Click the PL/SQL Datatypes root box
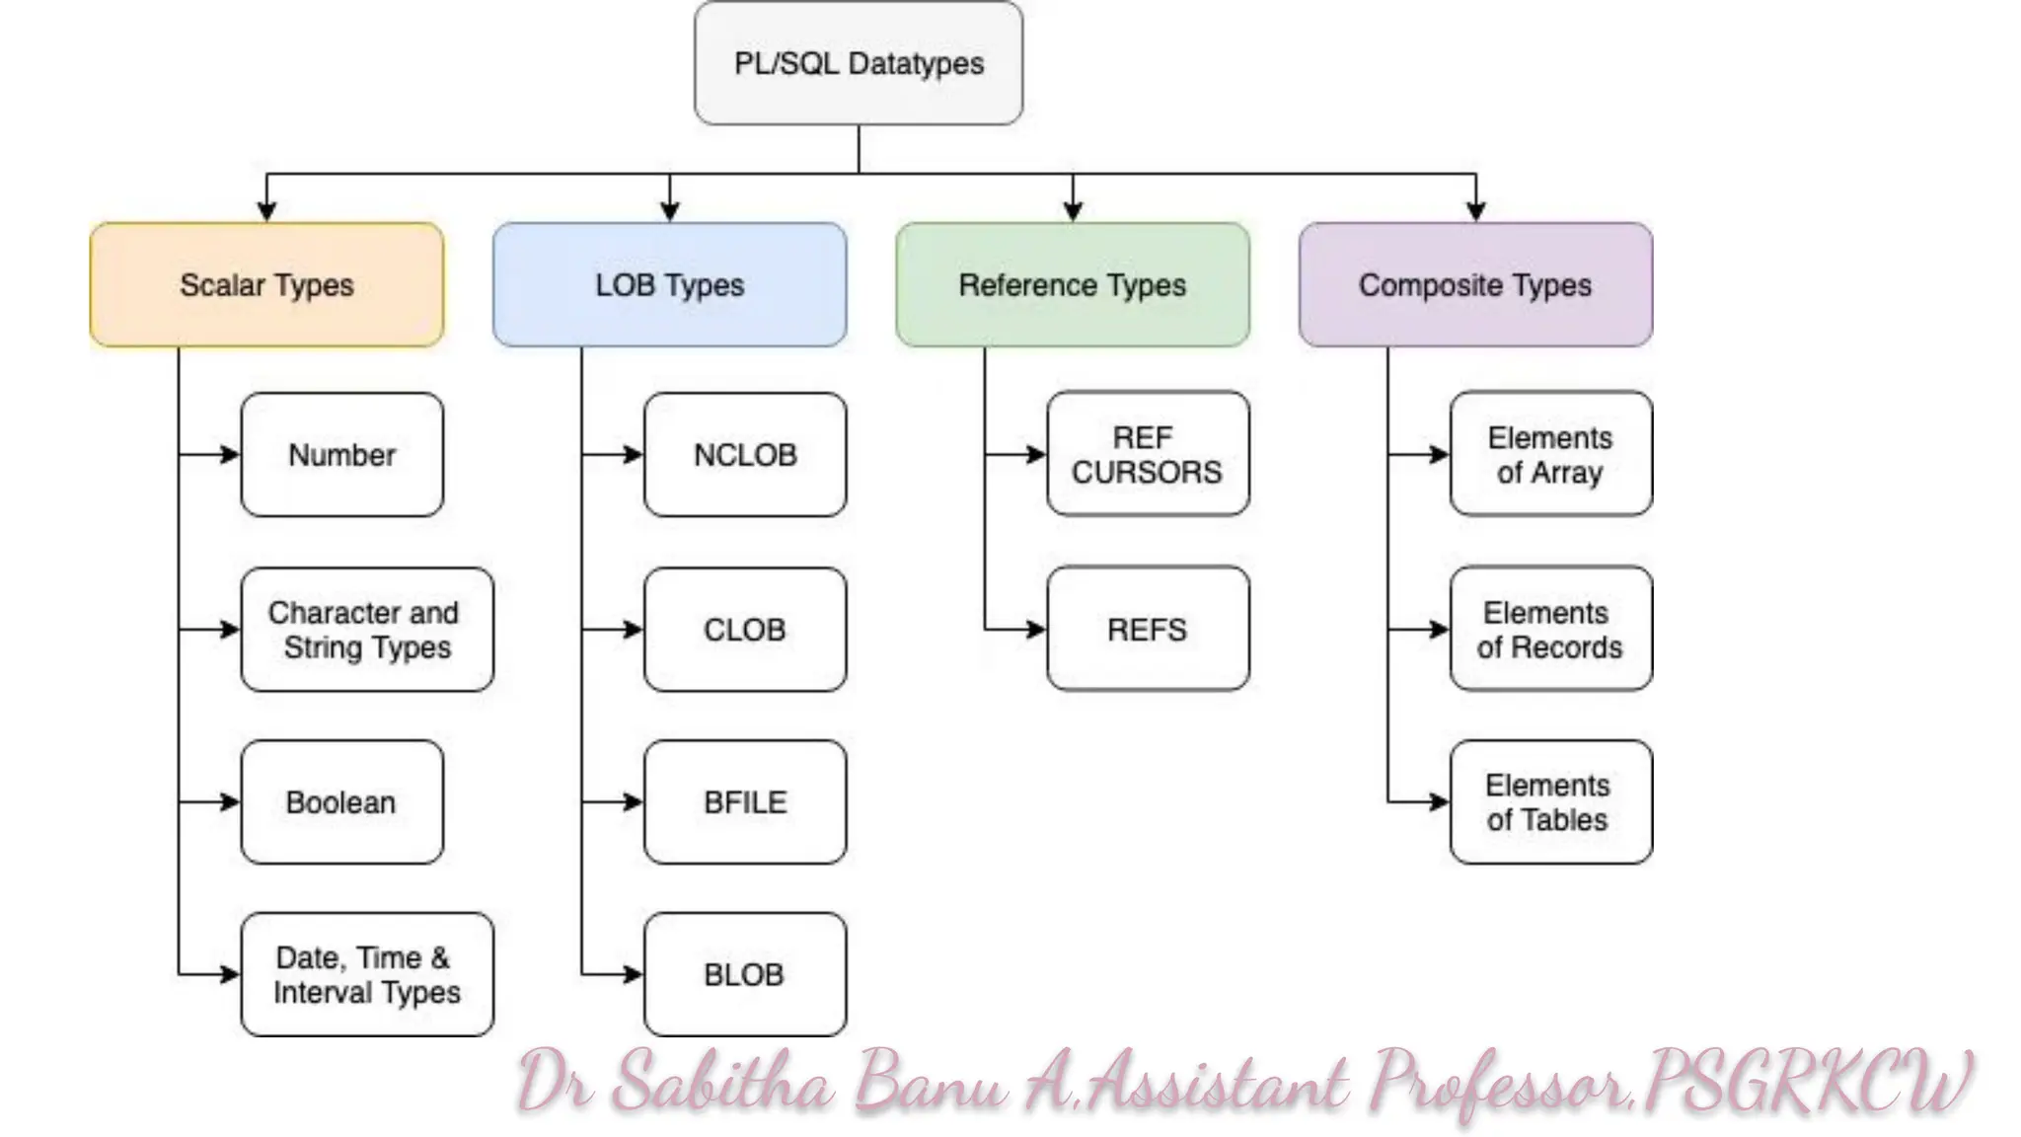pos(858,63)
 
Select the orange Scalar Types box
pos(266,284)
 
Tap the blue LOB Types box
pos(669,284)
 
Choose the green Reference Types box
pos(1072,284)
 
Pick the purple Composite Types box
pos(1475,284)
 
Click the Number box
pos(341,455)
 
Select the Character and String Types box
pos(366,630)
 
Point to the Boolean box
pos(341,802)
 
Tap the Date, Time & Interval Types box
pos(366,974)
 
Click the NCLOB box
pos(745,455)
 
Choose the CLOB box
pos(745,630)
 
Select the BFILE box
pos(745,802)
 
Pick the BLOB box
pos(745,974)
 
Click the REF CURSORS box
pos(1148,454)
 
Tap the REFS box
pos(1148,629)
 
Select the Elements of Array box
pos(1550,454)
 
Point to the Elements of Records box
pos(1550,629)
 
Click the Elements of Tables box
pos(1550,802)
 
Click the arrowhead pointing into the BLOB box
pos(634,974)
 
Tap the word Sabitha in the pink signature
pos(721,1084)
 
